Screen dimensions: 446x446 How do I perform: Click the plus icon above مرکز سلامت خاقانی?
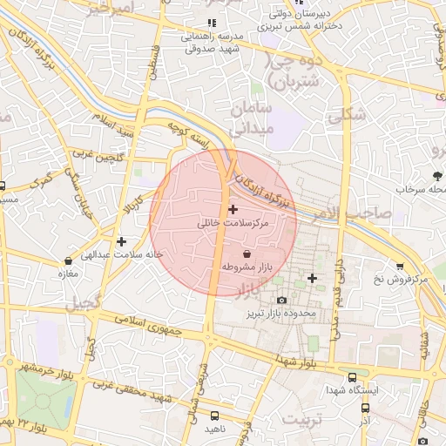233,209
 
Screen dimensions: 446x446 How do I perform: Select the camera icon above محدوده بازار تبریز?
281,300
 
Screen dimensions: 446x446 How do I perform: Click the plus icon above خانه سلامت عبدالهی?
121,241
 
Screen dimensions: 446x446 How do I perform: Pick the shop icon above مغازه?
69,260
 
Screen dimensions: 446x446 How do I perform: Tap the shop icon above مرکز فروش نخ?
400,266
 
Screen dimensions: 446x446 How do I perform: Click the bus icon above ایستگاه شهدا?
352,378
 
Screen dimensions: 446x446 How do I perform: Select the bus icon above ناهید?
214,416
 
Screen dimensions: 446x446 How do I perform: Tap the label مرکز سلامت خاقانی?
233,223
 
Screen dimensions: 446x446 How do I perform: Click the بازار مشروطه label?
248,266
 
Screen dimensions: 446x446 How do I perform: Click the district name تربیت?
306,421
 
